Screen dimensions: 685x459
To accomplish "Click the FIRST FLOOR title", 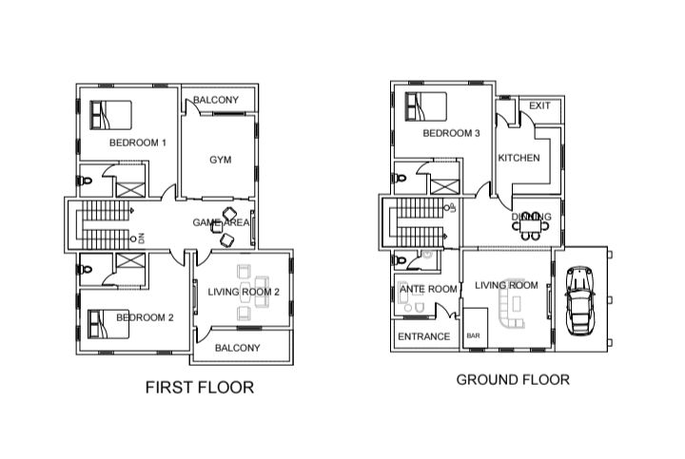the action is click(x=200, y=388).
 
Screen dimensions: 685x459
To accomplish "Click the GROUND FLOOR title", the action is click(x=513, y=379).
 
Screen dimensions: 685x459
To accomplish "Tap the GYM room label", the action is click(x=220, y=160).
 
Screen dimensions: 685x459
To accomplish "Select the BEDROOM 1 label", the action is click(x=138, y=143).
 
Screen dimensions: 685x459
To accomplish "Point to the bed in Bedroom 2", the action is click(x=108, y=324).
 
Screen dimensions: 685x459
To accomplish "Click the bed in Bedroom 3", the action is click(x=425, y=106).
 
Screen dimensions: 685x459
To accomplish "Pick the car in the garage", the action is click(x=579, y=300).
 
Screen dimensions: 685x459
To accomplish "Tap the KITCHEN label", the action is click(x=519, y=158).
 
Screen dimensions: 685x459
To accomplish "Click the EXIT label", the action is click(x=539, y=105).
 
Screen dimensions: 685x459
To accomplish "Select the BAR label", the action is click(x=473, y=336).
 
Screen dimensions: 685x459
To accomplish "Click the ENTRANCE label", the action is click(x=423, y=336).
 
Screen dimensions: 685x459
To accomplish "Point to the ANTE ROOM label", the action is click(x=428, y=289).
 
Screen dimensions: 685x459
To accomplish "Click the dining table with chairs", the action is click(x=531, y=226).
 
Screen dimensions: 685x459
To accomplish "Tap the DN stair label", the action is click(x=141, y=239).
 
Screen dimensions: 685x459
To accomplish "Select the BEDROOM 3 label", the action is click(x=451, y=133).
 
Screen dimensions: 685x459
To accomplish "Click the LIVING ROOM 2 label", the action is click(x=244, y=292).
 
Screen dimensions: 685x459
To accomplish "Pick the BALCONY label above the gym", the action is click(x=216, y=100).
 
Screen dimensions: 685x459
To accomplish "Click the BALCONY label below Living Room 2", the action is click(x=237, y=348).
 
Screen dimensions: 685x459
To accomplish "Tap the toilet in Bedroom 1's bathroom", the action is click(x=85, y=181).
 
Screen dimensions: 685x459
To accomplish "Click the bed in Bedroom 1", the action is click(x=110, y=115).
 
